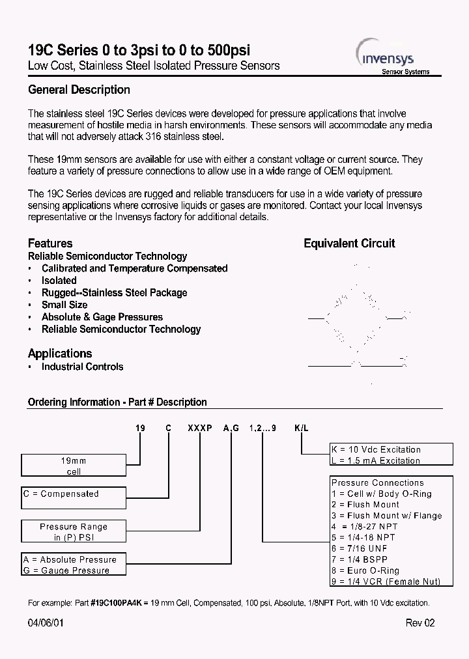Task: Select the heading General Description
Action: coord(79,90)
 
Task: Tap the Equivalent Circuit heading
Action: coord(349,244)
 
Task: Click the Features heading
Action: coord(50,244)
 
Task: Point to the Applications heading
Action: coord(60,354)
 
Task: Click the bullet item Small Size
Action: coord(64,305)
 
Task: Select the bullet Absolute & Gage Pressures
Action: coord(102,317)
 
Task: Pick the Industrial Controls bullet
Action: coord(82,367)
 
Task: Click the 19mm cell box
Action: coord(73,466)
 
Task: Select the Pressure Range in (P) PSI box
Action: coord(73,531)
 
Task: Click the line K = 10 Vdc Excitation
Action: coord(377,449)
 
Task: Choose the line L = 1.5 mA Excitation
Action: coord(376,460)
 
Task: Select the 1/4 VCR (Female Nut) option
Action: coord(386,582)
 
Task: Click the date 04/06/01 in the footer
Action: coord(46,623)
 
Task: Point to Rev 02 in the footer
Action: coord(419,623)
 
